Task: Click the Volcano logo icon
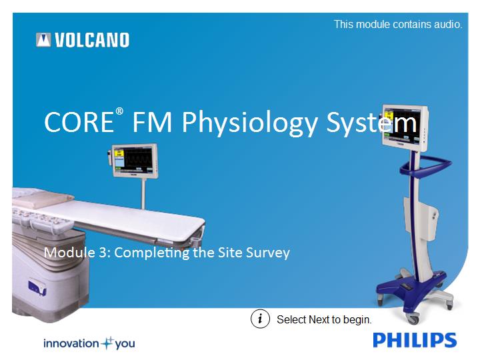(43, 40)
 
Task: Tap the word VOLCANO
(92, 40)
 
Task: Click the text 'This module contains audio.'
(398, 24)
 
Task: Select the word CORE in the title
(79, 122)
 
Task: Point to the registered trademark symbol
(119, 111)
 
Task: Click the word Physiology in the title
(249, 123)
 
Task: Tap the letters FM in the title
(152, 122)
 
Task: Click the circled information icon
(260, 319)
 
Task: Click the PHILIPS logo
(415, 340)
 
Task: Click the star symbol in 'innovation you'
(107, 343)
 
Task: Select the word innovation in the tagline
(71, 343)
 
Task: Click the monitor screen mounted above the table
(133, 159)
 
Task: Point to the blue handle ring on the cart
(425, 165)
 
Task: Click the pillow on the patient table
(43, 200)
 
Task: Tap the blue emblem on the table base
(37, 287)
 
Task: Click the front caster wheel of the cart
(413, 319)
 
